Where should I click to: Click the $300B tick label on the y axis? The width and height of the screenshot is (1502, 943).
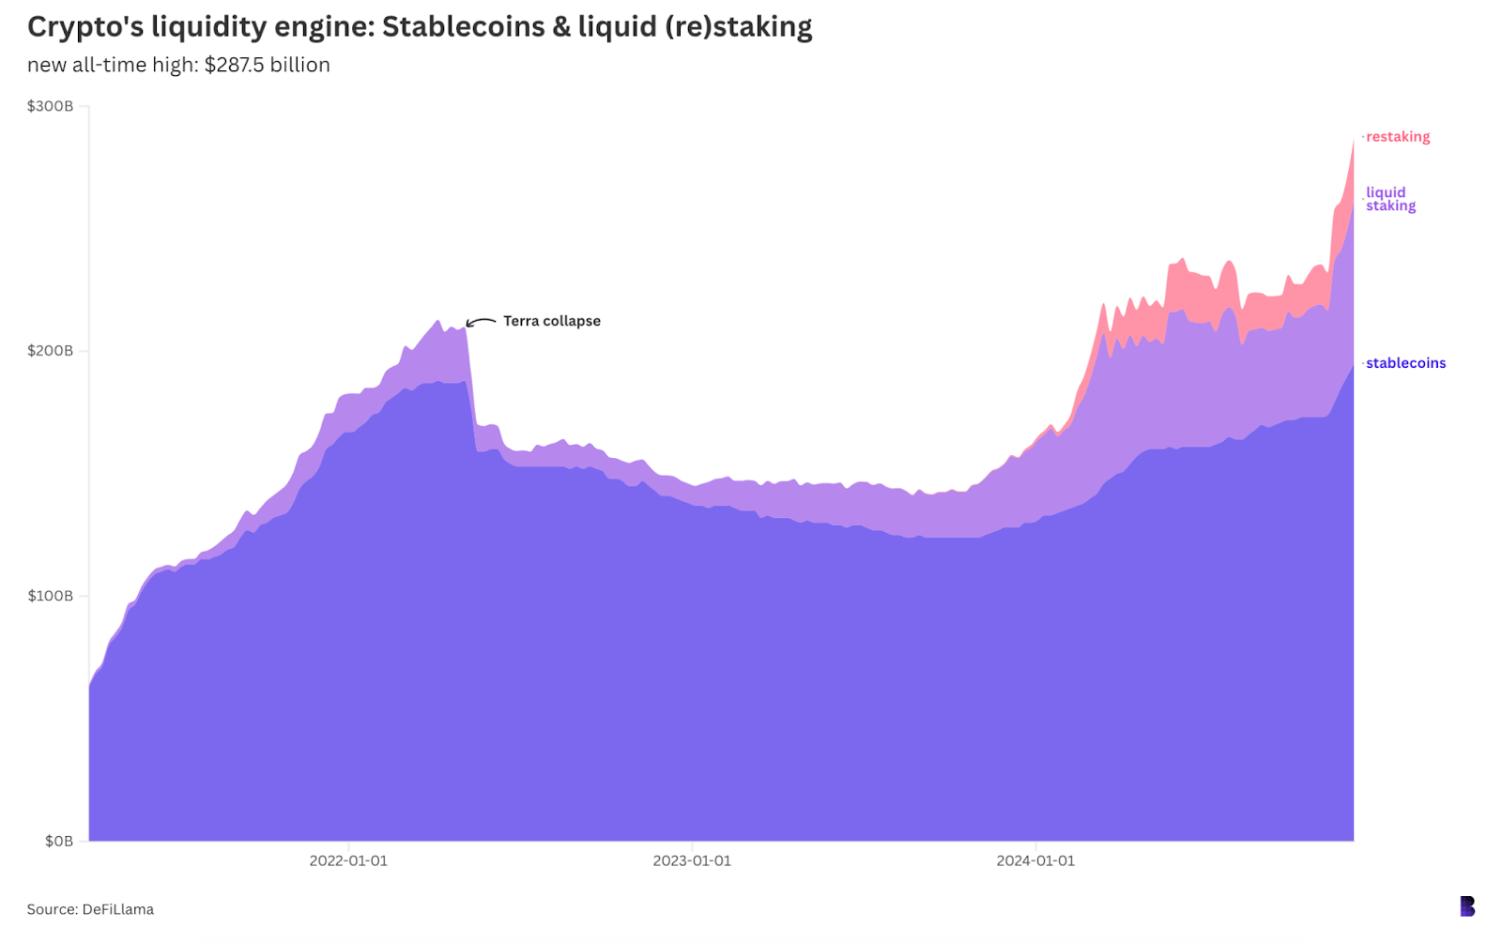click(50, 106)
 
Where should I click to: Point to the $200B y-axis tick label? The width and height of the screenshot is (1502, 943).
click(50, 351)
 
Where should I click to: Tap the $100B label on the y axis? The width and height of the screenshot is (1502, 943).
click(50, 596)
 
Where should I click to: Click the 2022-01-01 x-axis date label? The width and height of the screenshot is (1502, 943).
click(348, 860)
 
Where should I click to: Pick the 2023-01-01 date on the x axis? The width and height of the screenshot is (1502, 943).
click(692, 860)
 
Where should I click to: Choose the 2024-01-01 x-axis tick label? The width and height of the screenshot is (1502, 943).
click(1035, 860)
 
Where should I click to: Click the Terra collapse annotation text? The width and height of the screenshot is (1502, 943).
click(551, 321)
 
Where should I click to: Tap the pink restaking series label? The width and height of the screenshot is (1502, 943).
click(1398, 137)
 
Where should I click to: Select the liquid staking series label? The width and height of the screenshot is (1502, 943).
click(1390, 199)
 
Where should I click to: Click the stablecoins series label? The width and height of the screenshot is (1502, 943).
click(1405, 363)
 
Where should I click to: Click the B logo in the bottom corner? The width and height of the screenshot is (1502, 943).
click(1467, 906)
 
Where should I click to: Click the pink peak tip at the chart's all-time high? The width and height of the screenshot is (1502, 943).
click(1353, 140)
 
